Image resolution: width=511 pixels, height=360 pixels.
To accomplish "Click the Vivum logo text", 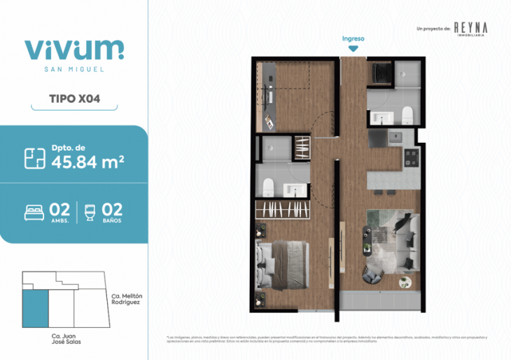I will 73,48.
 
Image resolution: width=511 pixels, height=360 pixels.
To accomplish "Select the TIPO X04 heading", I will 73,99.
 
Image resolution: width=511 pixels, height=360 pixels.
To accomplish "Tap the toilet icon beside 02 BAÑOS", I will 89,210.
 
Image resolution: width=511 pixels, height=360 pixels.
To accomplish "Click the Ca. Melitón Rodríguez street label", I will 127,300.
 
